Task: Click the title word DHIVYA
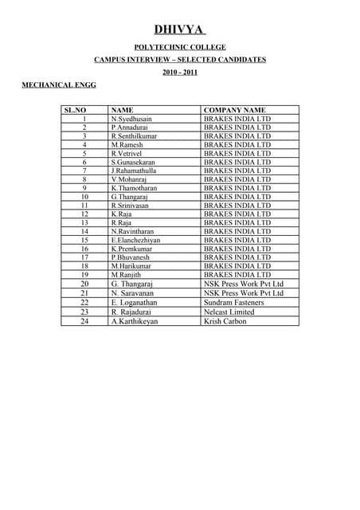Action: coord(179,29)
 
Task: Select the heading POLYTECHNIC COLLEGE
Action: coord(179,48)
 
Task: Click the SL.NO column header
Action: coord(84,110)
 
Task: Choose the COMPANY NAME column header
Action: coord(235,110)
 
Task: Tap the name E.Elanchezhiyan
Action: coord(136,240)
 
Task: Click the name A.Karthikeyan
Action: coord(135,321)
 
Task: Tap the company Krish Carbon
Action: coord(225,321)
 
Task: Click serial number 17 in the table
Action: coord(84,257)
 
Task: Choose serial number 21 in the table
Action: coord(84,293)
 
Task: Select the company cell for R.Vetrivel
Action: coord(237,153)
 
